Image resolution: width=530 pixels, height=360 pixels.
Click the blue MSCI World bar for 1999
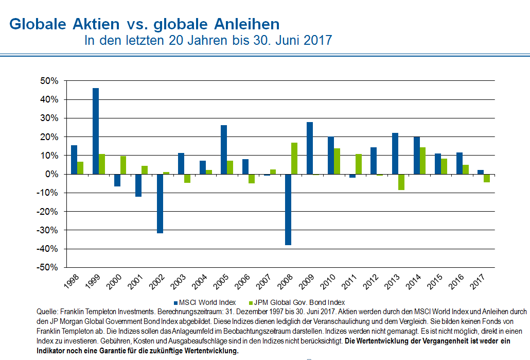(x=96, y=131)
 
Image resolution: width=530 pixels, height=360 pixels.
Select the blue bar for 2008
(x=288, y=209)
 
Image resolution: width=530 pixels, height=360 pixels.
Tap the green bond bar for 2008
(x=294, y=158)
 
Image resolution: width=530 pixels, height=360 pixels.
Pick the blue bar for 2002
(x=160, y=203)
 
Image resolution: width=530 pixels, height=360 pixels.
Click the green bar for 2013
(x=401, y=182)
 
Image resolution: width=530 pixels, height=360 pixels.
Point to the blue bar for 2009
(x=310, y=148)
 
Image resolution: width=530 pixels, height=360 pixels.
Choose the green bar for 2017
(x=487, y=178)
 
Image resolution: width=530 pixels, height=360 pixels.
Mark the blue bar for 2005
(x=224, y=149)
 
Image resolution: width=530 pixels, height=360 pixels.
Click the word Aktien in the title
(x=98, y=24)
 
